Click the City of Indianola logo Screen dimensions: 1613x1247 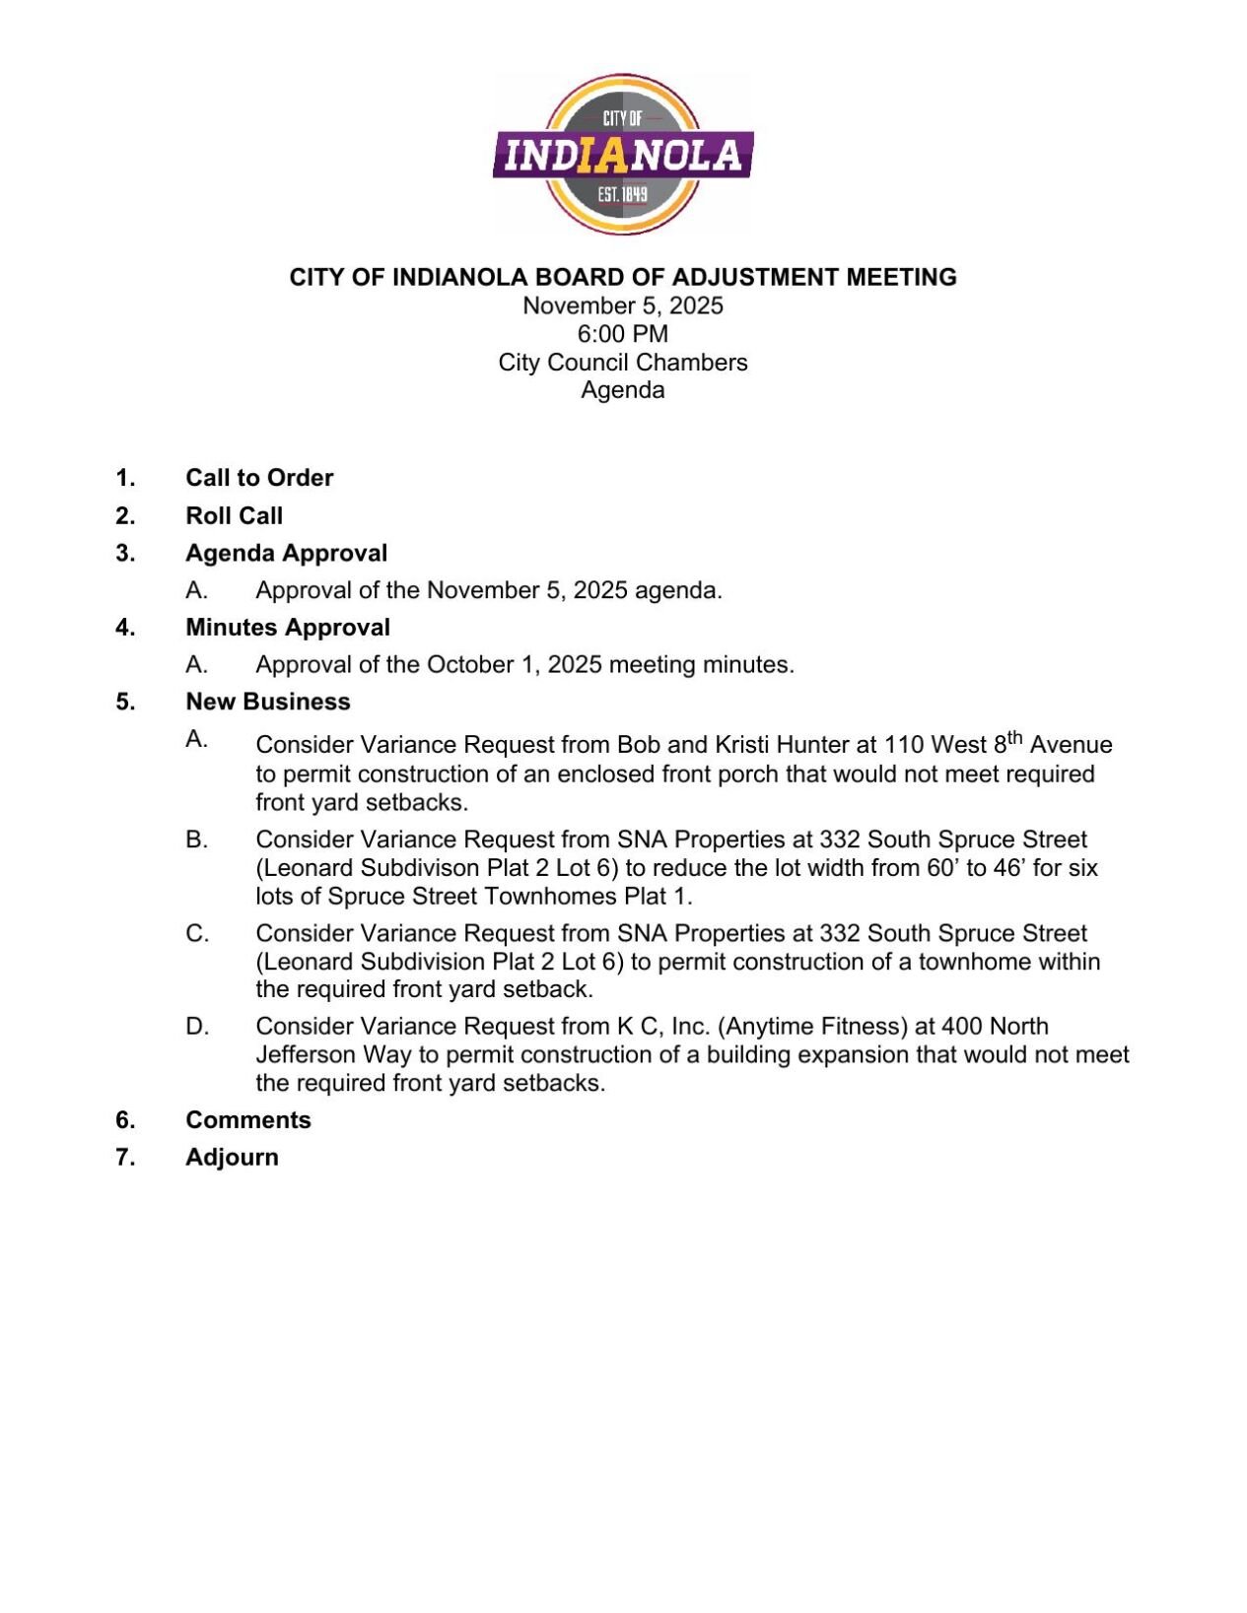(622, 154)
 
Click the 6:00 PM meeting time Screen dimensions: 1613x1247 (622, 334)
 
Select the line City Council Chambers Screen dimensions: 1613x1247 (622, 363)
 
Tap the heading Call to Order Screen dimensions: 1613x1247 (259, 478)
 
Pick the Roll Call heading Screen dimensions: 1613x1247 (234, 516)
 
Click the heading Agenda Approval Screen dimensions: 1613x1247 (286, 554)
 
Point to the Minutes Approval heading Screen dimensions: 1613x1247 (287, 628)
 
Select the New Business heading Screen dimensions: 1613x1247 (267, 702)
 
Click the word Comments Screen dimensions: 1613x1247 (247, 1120)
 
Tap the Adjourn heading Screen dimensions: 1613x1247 (232, 1158)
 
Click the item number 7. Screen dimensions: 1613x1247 (124, 1158)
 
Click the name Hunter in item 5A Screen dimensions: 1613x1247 (813, 746)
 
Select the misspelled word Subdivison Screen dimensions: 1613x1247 (421, 869)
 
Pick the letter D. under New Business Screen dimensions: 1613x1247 (197, 1027)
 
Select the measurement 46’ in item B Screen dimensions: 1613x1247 (1009, 869)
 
